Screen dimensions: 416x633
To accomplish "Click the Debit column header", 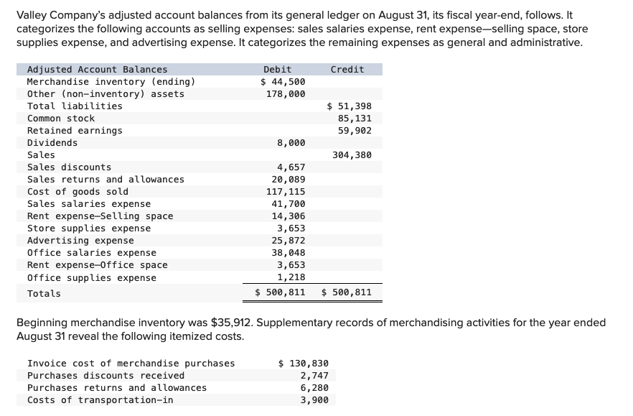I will (277, 70).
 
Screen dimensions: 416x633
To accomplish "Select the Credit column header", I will (347, 70).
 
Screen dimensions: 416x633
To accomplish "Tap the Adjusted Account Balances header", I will (97, 70).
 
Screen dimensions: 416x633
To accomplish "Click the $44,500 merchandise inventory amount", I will (283, 82).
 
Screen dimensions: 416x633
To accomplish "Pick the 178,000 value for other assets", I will (286, 94).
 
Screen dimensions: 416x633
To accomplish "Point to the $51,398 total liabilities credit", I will (349, 106).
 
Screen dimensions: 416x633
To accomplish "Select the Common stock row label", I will (61, 119).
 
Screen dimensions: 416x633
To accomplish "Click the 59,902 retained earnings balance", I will (355, 131).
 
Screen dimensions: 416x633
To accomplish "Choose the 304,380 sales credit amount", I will (352, 155).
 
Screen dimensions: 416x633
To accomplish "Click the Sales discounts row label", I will (69, 167).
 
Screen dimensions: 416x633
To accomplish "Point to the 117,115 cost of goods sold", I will (286, 192).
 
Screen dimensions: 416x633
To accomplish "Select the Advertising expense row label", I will (80, 241).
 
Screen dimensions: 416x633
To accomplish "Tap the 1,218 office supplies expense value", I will (291, 277).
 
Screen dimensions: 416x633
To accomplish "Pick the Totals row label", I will (44, 293).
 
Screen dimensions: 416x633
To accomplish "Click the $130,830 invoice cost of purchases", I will (303, 364).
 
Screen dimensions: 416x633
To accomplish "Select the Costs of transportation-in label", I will (100, 400).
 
